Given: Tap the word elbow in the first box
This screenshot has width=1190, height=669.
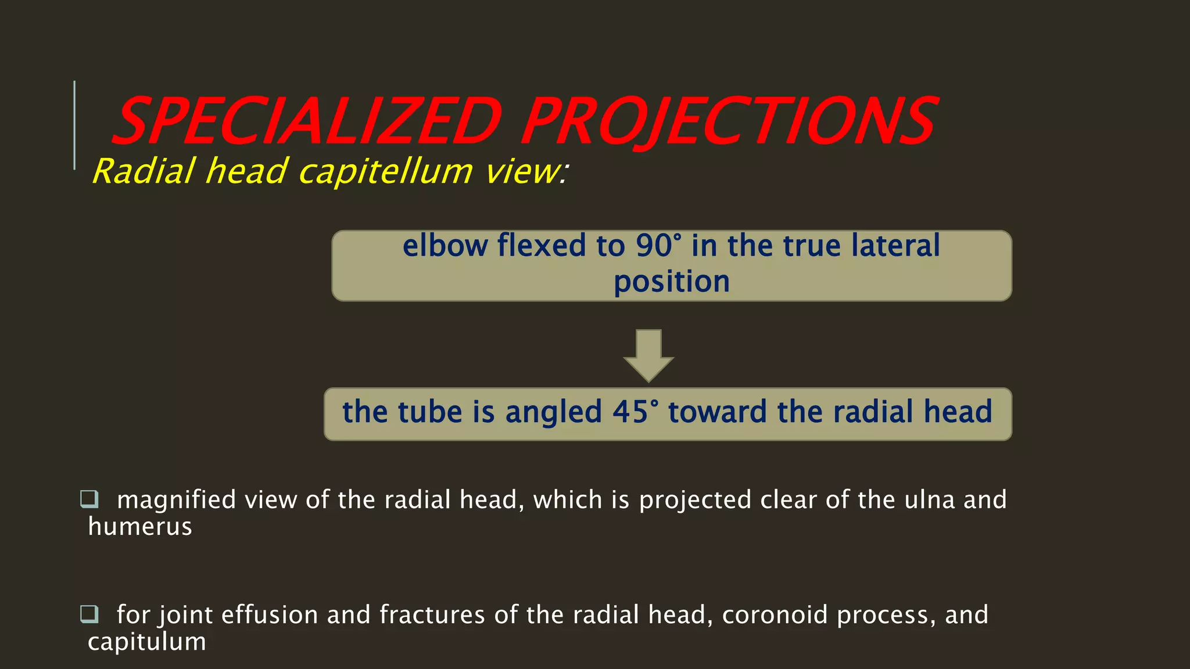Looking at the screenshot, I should (x=445, y=246).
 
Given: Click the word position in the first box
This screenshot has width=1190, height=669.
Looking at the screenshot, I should (x=672, y=282).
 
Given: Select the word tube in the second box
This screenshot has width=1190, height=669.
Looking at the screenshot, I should (x=433, y=412).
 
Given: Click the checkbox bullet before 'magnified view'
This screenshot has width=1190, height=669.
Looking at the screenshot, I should (x=89, y=499).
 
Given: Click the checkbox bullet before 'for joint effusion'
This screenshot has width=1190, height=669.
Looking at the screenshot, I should (x=89, y=614).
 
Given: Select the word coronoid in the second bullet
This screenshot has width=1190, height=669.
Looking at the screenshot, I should (x=775, y=615).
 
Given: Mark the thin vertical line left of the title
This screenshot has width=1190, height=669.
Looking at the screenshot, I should (x=74, y=125).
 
